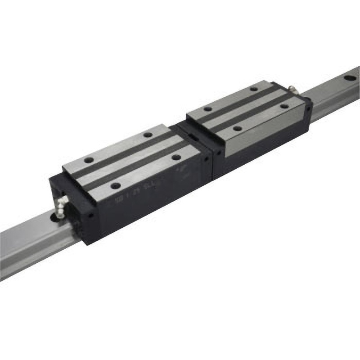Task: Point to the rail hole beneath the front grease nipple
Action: tap(59, 217)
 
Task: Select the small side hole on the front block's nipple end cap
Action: tap(90, 216)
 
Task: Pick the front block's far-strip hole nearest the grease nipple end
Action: tap(89, 160)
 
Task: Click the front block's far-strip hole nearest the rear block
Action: tap(147, 135)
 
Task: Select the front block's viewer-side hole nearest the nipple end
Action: tap(116, 185)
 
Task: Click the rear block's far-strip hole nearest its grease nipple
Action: tap(254, 89)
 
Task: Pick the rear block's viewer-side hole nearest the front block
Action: tap(237, 129)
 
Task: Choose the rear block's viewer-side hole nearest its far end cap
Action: tap(284, 107)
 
